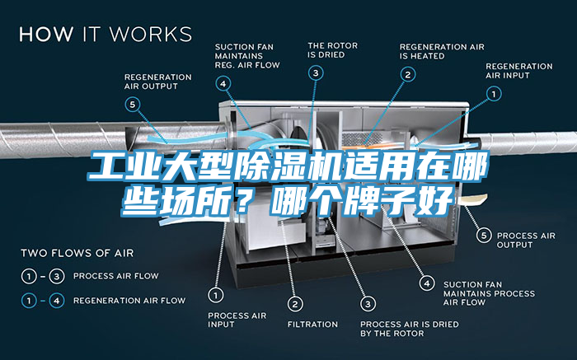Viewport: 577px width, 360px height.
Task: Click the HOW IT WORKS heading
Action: point(106,35)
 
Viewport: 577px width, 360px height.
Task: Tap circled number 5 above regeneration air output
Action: point(134,104)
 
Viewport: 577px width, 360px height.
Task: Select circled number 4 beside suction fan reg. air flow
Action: point(223,82)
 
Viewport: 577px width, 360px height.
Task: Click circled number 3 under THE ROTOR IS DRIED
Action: point(316,72)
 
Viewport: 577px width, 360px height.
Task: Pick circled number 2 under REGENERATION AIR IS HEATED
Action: point(407,74)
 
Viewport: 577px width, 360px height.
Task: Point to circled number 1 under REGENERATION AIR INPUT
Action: point(495,95)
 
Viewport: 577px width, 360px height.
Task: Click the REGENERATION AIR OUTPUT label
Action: point(157,82)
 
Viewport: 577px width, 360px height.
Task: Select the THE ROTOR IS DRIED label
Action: point(331,50)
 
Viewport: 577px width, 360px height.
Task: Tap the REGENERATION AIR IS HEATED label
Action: point(442,51)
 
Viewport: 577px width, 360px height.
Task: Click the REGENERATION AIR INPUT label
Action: point(519,71)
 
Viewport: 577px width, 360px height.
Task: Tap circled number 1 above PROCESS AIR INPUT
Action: point(217,293)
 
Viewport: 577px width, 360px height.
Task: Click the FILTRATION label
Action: point(312,324)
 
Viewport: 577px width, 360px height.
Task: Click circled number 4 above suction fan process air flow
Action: point(427,283)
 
